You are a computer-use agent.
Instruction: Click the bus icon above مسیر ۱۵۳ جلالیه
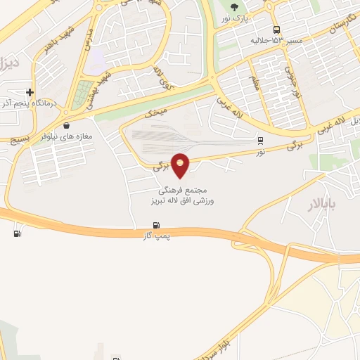[x=276, y=30]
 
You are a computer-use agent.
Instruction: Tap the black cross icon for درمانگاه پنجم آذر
[x=29, y=92]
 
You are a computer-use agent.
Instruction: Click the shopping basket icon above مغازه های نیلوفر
[x=66, y=126]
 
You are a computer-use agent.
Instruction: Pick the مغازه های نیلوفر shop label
[x=67, y=137]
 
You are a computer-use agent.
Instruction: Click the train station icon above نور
[x=261, y=141]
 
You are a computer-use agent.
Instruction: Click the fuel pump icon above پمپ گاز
[x=154, y=226]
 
